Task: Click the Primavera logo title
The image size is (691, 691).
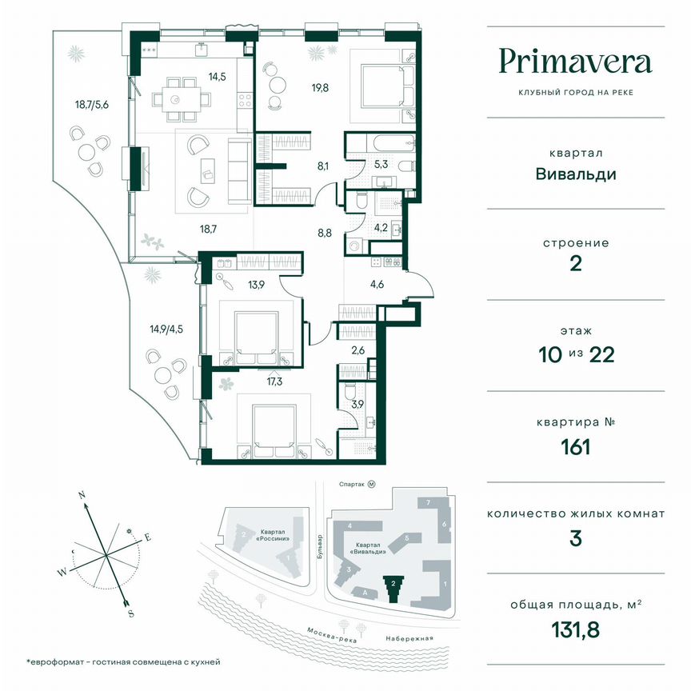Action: (x=576, y=61)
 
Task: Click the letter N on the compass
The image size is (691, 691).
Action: (x=82, y=496)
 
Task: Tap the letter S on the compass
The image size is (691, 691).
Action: (x=130, y=613)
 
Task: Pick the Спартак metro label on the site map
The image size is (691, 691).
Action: (x=352, y=485)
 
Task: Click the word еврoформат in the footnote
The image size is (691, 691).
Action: (x=62, y=662)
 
